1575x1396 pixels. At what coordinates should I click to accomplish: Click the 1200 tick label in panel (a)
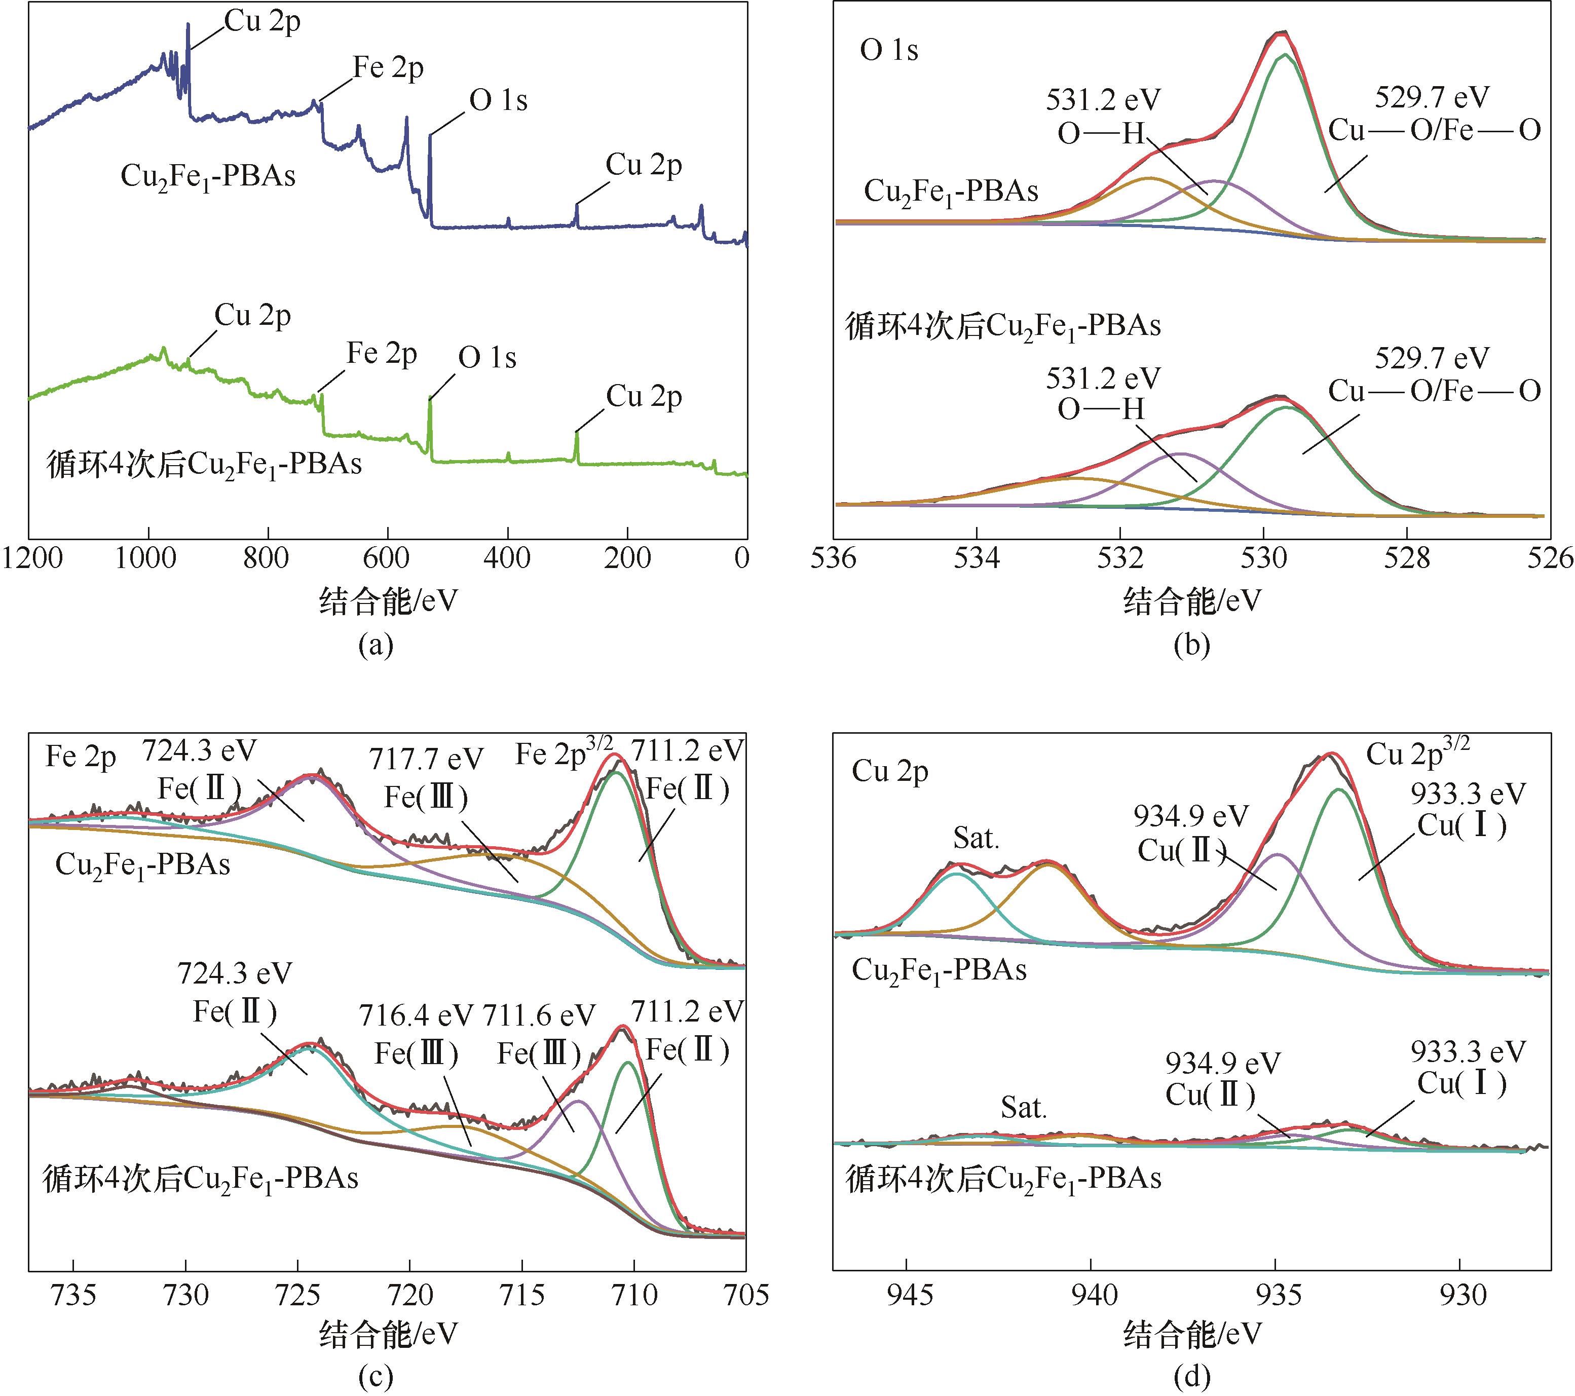32,558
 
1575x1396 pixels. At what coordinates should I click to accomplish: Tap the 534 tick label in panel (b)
977,558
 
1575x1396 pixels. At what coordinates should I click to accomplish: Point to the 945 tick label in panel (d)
907,1295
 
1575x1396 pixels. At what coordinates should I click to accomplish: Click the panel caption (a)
376,645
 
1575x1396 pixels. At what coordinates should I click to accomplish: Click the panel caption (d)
1191,1376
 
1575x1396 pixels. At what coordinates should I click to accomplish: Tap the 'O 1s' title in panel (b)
889,51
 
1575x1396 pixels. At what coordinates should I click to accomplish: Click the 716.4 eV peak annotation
416,1015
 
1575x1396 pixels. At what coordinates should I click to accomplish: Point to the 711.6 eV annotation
539,1015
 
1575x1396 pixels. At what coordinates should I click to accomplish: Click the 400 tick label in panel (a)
507,558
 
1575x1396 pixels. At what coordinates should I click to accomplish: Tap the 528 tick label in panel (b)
1407,558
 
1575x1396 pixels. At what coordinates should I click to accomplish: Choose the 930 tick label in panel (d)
1461,1295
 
